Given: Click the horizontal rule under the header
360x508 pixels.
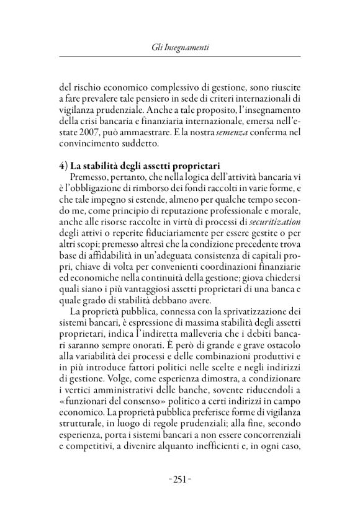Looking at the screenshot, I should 179,56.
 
